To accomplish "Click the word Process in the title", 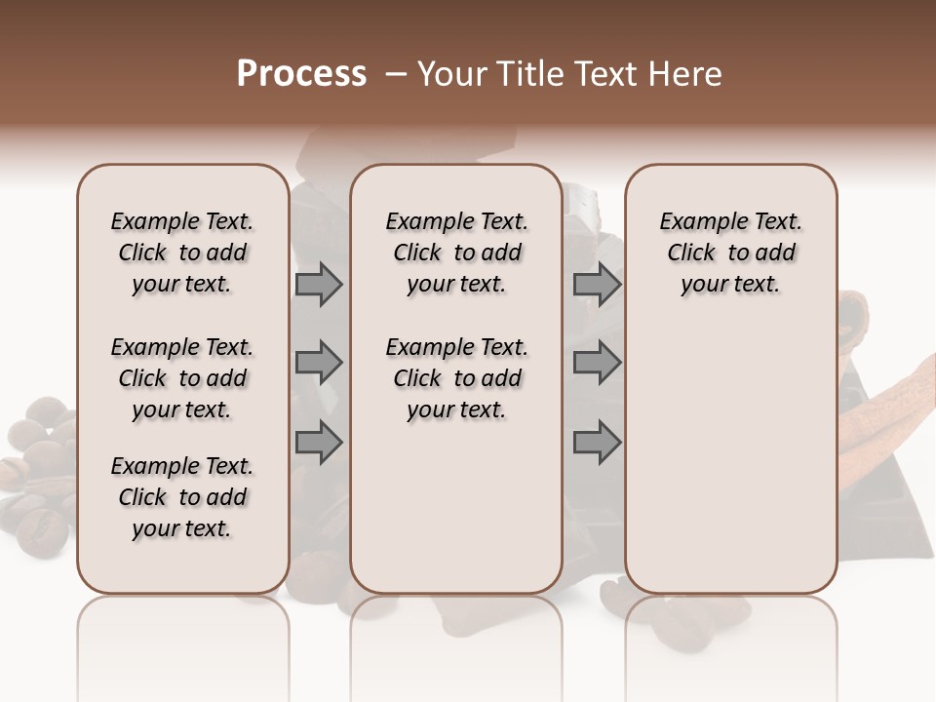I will point(301,74).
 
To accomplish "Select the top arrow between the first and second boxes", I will point(319,284).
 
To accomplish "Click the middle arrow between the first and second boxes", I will point(319,363).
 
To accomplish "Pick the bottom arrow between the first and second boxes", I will point(319,443).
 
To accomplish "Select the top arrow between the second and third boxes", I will point(597,284).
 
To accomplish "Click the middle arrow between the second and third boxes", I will point(597,363).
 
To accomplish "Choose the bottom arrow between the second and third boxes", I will point(597,443).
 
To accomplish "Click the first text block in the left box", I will point(182,253).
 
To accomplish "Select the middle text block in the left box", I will point(182,378).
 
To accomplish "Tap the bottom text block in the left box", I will point(182,497).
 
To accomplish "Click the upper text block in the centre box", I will point(456,253).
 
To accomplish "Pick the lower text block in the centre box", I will point(456,378).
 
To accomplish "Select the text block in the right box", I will point(730,253).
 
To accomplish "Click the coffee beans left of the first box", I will point(39,478).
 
